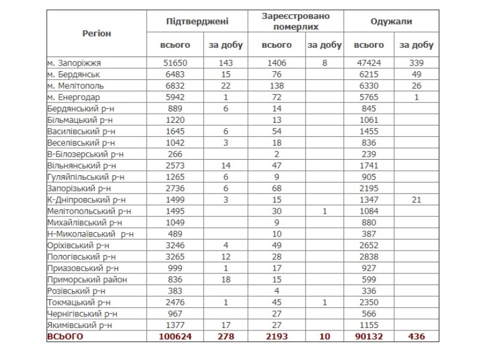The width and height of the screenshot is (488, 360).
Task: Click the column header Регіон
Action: [96, 33]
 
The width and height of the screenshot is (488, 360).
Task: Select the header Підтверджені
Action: [197, 22]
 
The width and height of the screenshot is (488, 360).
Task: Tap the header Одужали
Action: [391, 22]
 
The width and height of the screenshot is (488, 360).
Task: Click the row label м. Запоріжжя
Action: [78, 63]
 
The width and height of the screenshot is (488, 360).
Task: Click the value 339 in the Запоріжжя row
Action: [416, 63]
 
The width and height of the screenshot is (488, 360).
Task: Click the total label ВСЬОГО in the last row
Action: [65, 337]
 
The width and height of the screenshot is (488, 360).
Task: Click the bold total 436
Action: [416, 337]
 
